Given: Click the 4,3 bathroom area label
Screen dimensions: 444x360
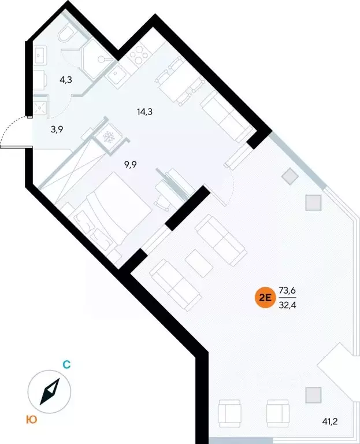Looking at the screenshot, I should pyautogui.click(x=66, y=80).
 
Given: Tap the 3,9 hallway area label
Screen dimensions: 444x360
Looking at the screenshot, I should pyautogui.click(x=57, y=129).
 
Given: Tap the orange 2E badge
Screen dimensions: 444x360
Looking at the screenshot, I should pyautogui.click(x=265, y=298).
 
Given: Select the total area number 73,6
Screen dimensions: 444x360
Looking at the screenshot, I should pyautogui.click(x=287, y=290).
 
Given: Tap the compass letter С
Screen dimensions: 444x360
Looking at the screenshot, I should pyautogui.click(x=66, y=365).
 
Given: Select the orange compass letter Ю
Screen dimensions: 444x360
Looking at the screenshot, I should pyautogui.click(x=32, y=420).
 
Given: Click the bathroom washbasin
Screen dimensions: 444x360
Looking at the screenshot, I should pyautogui.click(x=40, y=55).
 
